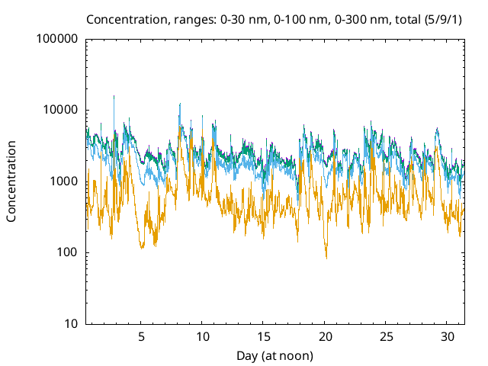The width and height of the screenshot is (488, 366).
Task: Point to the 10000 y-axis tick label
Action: point(60,110)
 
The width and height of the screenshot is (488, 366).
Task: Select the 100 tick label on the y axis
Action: point(67,252)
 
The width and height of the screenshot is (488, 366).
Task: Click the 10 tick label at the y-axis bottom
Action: point(70,324)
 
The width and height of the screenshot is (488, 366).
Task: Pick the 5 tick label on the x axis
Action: point(141,337)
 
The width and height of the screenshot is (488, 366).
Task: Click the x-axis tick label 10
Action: point(203,337)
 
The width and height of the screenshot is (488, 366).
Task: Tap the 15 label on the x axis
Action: point(264,337)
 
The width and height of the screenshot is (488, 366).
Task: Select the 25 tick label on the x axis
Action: point(387,337)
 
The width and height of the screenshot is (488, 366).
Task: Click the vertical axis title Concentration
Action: point(11,181)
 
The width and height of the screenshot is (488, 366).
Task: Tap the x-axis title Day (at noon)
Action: point(275,355)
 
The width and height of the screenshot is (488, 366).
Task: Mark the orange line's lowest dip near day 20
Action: point(326,257)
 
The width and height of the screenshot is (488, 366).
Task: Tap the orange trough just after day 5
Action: point(142,246)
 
